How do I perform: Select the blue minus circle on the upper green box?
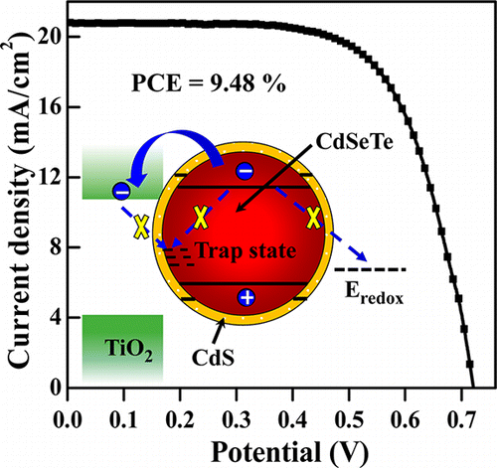tap(121, 190)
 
